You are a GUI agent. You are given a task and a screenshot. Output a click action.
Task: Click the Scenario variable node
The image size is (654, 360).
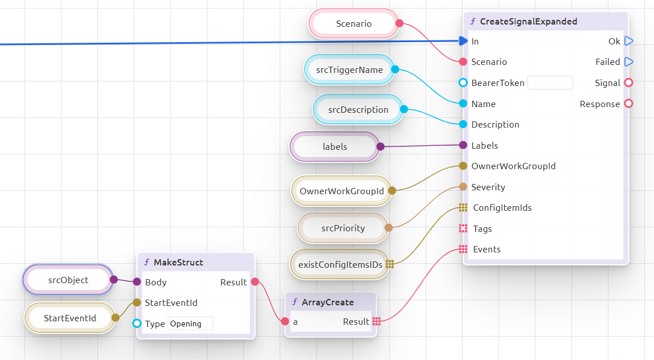353,24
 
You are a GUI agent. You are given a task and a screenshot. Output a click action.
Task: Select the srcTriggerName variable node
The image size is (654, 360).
349,69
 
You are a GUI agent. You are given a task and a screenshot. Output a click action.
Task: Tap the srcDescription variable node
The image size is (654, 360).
358,109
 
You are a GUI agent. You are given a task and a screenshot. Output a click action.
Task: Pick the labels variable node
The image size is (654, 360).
334,146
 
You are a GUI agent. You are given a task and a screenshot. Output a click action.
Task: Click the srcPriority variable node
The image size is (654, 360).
342,228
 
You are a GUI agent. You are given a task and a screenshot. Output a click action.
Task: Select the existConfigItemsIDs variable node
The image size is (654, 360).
340,264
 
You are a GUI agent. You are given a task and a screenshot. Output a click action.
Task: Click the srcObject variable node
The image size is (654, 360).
68,280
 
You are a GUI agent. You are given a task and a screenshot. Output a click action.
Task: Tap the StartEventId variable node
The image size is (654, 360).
70,318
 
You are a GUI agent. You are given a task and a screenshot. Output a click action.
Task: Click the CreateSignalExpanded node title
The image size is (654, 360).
528,22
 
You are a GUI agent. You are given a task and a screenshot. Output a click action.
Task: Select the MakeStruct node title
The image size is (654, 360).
178,262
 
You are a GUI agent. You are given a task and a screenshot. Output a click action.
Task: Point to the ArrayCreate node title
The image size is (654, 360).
328,302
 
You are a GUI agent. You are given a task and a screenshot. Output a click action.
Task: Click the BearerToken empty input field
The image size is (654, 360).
550,83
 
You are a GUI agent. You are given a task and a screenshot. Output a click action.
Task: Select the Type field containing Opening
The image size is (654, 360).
190,324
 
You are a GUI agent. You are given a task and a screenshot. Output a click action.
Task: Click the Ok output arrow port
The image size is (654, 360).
628,41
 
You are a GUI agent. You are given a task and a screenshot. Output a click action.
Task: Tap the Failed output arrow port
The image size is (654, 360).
628,62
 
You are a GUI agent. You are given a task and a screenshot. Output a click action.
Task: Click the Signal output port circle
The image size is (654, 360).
628,83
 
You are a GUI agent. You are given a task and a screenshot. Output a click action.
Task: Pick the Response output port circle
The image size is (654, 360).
628,104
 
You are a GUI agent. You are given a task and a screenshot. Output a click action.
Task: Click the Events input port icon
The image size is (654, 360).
463,249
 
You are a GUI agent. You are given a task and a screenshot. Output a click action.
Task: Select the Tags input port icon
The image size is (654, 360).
463,228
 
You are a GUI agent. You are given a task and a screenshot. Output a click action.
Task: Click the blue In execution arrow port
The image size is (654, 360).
462,41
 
